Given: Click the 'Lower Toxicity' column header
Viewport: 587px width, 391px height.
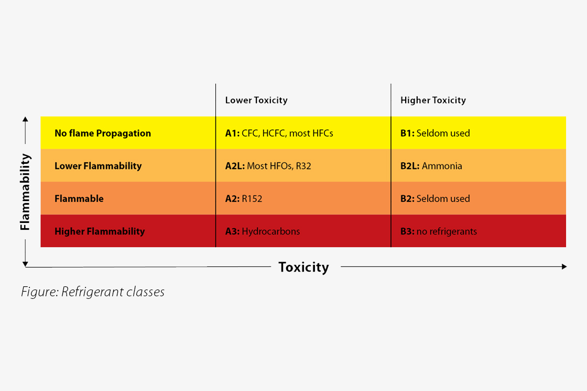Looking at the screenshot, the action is point(256,100).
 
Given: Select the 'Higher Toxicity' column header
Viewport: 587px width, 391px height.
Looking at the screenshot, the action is point(433,100).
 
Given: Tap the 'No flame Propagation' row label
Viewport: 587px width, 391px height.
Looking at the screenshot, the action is point(103,133).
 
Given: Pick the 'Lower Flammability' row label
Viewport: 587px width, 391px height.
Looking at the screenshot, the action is point(98,166).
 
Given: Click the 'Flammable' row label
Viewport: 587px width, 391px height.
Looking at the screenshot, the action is point(79,198).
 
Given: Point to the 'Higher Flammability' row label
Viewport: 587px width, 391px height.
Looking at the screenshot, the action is point(100,231).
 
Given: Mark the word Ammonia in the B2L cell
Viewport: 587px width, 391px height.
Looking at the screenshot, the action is point(442,166).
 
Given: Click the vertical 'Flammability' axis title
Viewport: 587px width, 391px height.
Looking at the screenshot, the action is point(25,192).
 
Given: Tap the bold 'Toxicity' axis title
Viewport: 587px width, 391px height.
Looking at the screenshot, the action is point(303,267).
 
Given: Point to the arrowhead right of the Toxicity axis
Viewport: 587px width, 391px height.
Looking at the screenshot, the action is point(564,266).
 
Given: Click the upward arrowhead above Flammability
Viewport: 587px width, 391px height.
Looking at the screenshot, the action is point(25,119).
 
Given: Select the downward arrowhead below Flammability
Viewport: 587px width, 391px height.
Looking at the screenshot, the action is point(25,264).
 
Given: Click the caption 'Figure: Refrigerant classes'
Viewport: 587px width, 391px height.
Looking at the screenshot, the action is point(93,292).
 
